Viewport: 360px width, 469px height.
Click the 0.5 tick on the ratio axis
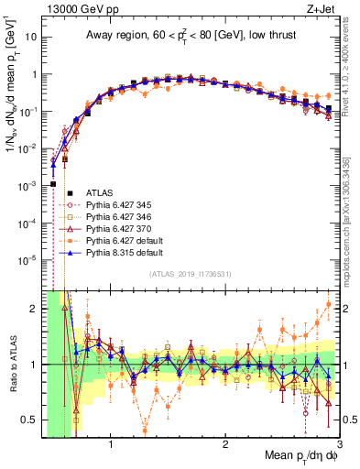30,420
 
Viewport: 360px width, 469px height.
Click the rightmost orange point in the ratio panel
329,304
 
